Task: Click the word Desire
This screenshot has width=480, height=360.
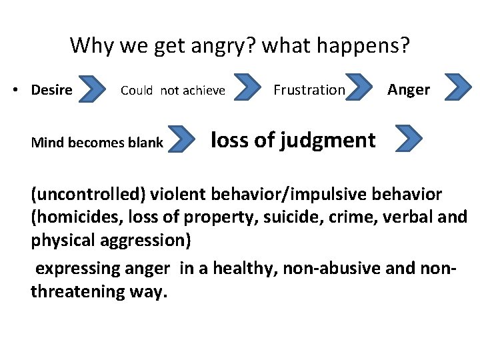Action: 51,90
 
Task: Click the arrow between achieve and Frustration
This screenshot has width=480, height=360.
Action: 249,88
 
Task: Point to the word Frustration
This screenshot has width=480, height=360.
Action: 309,89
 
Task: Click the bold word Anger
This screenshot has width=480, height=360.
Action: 409,89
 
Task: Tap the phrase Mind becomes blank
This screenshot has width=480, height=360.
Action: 97,142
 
